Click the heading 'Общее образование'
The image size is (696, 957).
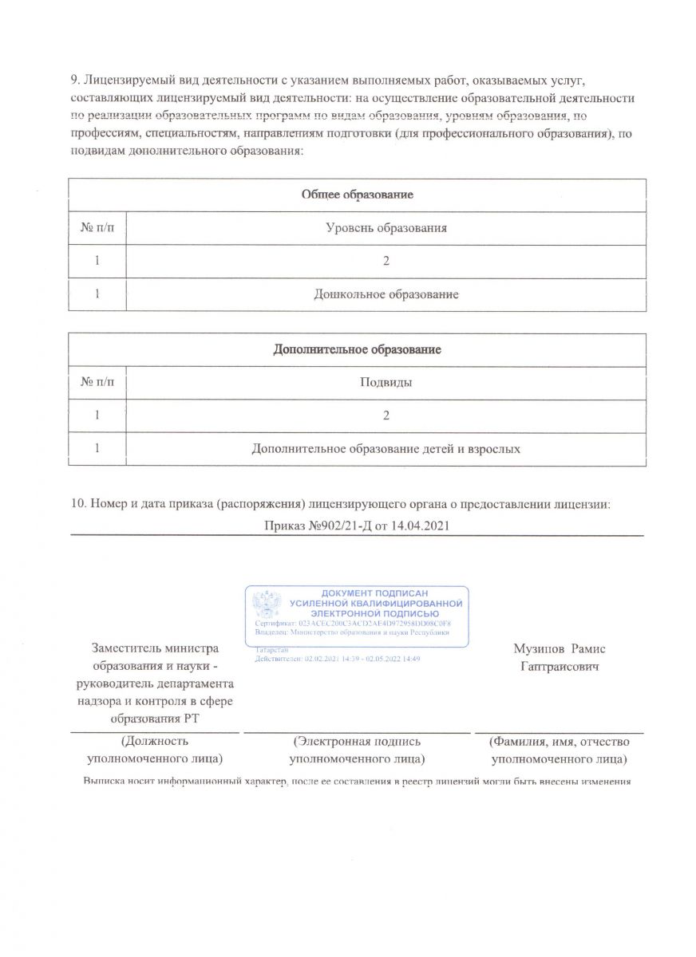(x=356, y=195)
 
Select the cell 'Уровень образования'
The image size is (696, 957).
(x=386, y=228)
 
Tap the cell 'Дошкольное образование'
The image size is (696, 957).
(x=386, y=295)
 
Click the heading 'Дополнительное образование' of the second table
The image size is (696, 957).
(x=357, y=350)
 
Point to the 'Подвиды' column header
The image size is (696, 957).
(x=386, y=383)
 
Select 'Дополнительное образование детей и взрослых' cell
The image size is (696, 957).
(x=386, y=449)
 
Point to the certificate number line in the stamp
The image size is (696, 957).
(x=353, y=623)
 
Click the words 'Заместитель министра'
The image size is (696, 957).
(x=155, y=649)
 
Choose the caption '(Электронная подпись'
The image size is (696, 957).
(x=356, y=741)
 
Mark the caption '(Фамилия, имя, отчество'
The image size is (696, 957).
(x=559, y=741)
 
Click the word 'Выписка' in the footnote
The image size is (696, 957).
(x=106, y=781)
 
